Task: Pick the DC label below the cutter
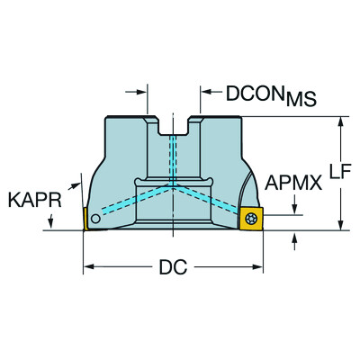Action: [175, 267]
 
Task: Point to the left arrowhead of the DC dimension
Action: [89, 266]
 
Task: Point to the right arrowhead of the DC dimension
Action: [260, 266]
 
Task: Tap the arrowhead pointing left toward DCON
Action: [203, 91]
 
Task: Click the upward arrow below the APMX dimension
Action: [297, 237]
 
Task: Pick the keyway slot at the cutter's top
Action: [175, 126]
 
